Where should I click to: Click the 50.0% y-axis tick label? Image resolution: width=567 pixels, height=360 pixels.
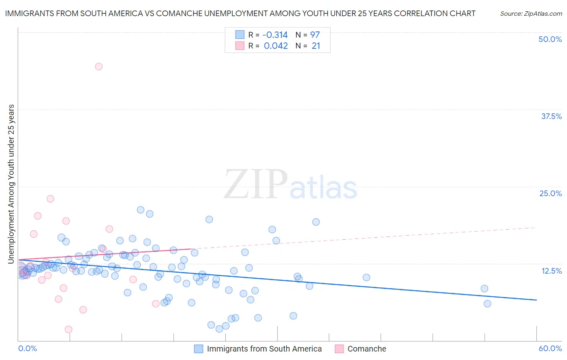click(550, 39)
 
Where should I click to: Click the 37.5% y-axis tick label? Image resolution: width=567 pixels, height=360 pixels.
click(551, 116)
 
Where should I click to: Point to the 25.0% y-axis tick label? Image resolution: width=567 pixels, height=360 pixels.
click(550, 193)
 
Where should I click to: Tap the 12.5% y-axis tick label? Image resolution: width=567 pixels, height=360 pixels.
click(551, 271)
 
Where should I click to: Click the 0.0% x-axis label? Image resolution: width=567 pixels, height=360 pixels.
click(27, 348)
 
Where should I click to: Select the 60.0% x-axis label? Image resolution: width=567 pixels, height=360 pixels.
click(550, 348)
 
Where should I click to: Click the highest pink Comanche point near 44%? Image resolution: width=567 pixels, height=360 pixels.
click(99, 67)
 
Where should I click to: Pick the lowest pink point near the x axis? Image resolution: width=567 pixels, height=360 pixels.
click(69, 329)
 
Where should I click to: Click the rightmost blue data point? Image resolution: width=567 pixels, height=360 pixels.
click(487, 303)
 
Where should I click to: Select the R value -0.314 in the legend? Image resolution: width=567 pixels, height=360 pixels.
click(275, 35)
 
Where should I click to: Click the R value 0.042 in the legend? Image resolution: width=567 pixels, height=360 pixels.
click(276, 46)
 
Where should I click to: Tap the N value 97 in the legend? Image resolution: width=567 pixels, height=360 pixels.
click(315, 35)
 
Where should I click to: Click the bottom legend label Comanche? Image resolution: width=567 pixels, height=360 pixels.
click(367, 349)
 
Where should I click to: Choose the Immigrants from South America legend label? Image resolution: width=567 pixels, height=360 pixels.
click(264, 349)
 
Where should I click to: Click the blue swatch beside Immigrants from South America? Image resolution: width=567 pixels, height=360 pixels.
click(198, 349)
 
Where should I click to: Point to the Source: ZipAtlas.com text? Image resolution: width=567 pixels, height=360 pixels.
click(531, 14)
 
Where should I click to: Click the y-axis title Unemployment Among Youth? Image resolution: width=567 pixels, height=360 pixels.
click(11, 184)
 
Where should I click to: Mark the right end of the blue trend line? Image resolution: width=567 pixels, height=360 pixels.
click(536, 300)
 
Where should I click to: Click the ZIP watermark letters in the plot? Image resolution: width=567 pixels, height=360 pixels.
click(255, 185)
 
